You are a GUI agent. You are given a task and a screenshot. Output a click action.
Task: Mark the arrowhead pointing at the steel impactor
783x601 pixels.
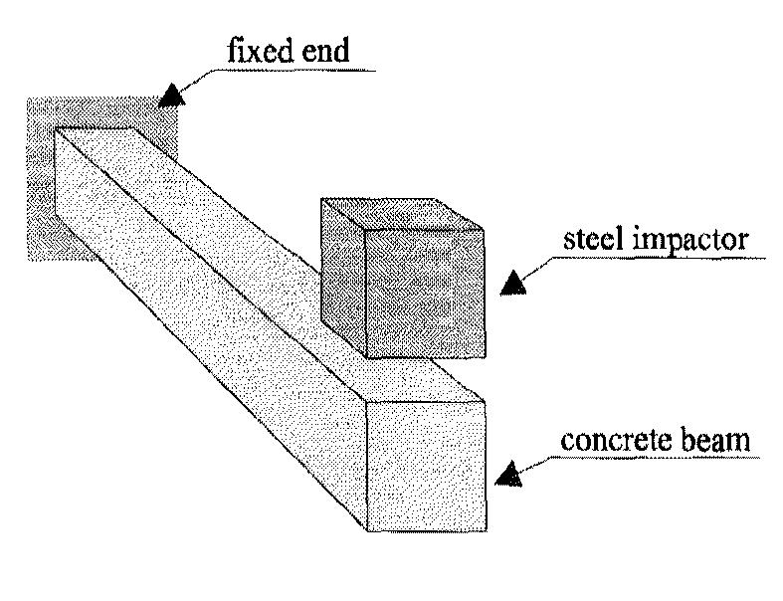[512, 284]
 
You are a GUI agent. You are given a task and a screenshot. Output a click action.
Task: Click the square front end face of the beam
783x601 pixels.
[427, 464]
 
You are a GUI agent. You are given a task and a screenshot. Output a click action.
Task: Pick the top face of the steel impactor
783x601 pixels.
[398, 213]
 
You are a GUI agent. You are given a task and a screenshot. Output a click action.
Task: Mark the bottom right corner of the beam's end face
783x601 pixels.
[487, 528]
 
